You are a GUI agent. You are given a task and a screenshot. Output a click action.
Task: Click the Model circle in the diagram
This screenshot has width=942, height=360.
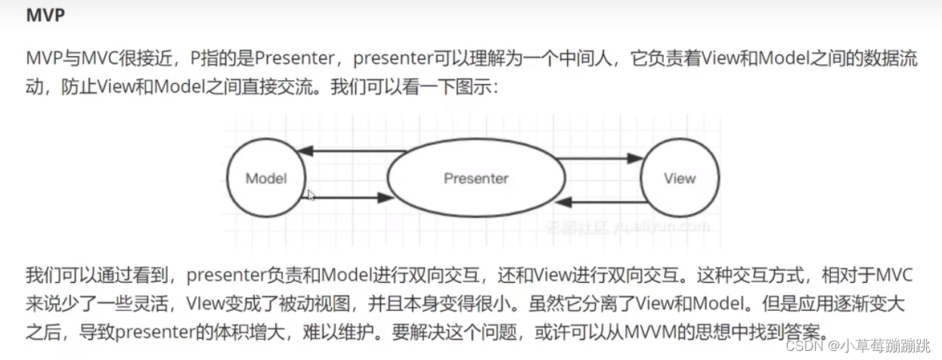(266, 178)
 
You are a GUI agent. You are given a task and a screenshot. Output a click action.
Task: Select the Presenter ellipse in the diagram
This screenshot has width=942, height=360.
(476, 178)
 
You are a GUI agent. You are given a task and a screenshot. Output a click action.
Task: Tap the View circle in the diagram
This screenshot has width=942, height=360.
(679, 178)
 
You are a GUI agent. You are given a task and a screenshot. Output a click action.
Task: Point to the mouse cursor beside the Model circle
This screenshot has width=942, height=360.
(311, 195)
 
